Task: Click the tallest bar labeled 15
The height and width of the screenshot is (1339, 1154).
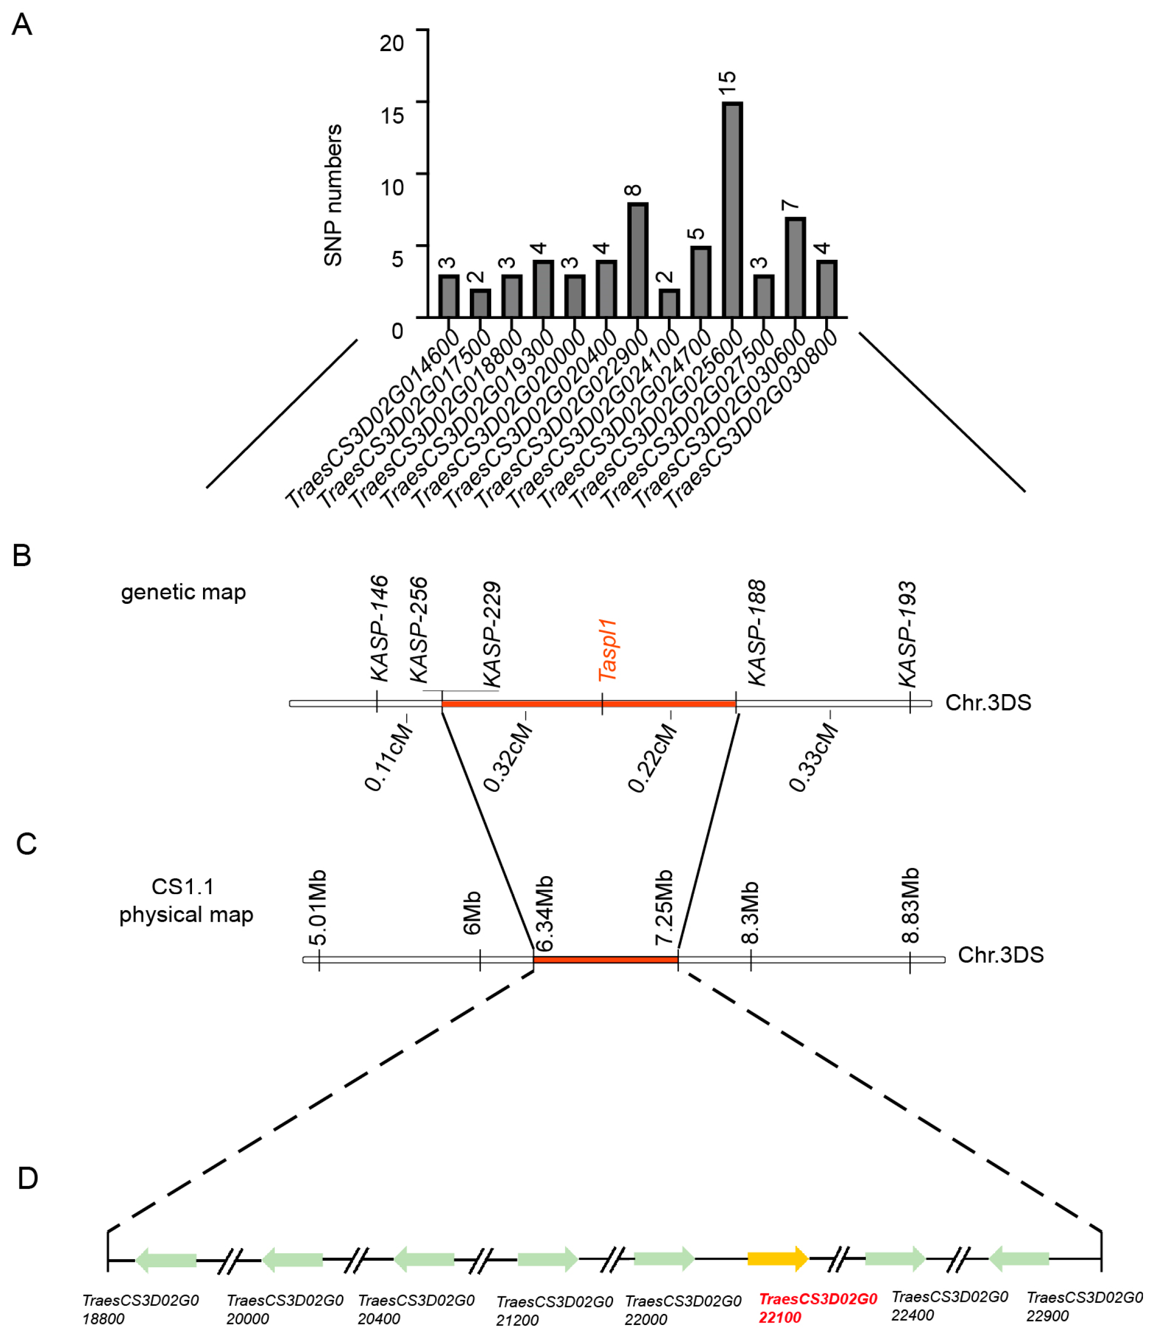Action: click(x=731, y=210)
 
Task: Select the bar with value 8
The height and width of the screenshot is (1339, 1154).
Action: click(x=637, y=260)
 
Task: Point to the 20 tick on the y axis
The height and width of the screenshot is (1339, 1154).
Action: click(x=392, y=43)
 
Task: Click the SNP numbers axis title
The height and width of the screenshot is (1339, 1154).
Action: click(x=333, y=195)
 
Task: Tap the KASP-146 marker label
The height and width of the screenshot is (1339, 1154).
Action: click(x=380, y=628)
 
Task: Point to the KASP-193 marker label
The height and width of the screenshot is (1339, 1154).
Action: click(x=908, y=634)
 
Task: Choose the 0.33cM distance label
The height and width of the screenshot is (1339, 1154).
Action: click(x=814, y=757)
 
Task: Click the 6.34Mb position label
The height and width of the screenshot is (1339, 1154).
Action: click(x=546, y=913)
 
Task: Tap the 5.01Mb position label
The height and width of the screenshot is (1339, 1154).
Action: click(x=317, y=908)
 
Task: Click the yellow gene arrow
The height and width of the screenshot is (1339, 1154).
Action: click(x=778, y=1258)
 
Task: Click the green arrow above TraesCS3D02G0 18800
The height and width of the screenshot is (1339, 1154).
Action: click(x=166, y=1260)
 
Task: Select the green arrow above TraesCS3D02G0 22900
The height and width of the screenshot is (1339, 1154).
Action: click(x=1019, y=1258)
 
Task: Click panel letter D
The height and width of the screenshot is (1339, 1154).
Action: click(x=27, y=1178)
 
